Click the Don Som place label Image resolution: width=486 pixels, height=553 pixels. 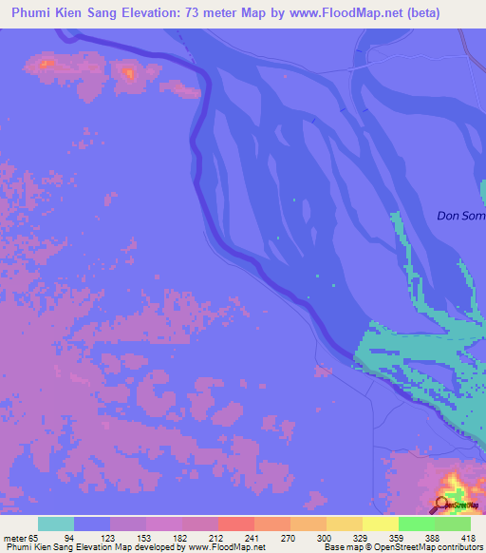(x=460, y=216)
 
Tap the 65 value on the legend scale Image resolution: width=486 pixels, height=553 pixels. (x=34, y=537)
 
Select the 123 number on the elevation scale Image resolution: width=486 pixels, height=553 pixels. (x=117, y=537)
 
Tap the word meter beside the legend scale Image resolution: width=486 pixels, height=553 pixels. (x=14, y=537)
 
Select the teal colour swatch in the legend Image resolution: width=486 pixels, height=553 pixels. (x=55, y=524)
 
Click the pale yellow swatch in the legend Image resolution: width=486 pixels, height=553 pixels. (x=380, y=524)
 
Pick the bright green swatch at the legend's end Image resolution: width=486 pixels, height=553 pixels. (x=452, y=524)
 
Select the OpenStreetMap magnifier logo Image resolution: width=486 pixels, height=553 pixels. (x=442, y=505)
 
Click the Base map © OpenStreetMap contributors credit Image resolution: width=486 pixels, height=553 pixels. (x=402, y=546)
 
